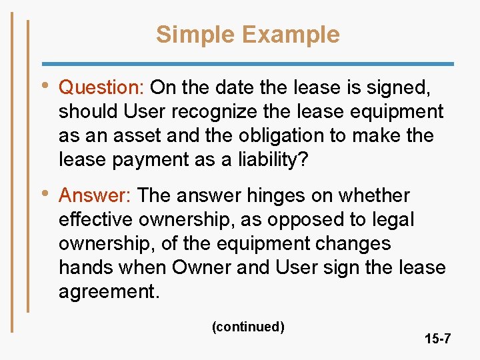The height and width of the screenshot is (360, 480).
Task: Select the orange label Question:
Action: (x=103, y=87)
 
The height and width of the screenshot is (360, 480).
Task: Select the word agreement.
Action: (x=110, y=292)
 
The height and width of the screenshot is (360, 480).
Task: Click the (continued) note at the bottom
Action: (x=248, y=327)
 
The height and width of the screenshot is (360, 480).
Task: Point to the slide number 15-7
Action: (x=437, y=339)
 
